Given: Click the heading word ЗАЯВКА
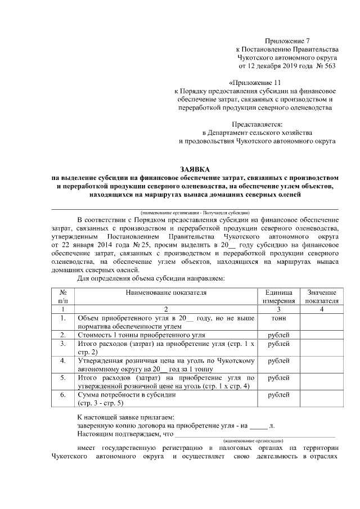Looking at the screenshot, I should point(194,169).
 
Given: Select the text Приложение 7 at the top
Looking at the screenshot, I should point(287,40).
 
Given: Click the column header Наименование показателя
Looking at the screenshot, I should point(166,293).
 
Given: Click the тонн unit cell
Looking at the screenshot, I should point(278,318).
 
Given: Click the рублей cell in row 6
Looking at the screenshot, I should point(278,395).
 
